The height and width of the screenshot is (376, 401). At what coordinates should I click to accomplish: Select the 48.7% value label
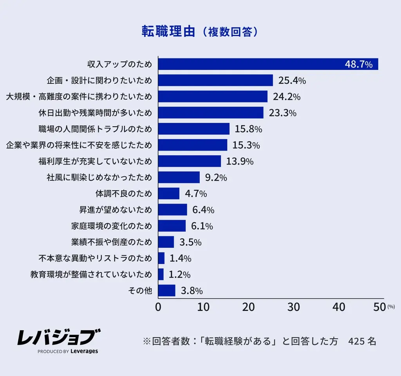tap(358, 64)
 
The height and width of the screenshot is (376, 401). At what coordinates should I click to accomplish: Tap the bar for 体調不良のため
tap(169, 193)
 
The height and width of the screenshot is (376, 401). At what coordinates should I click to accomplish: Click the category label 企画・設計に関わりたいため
tap(99, 80)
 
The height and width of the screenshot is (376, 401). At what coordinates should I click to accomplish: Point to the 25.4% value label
tap(292, 81)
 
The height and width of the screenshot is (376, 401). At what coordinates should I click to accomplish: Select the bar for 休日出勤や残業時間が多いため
tap(211, 113)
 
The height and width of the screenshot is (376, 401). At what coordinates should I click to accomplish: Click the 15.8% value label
tap(248, 129)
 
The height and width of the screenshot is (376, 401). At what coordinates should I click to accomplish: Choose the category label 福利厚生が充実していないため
tap(95, 161)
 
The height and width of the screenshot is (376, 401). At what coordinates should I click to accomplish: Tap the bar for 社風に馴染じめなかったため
tap(179, 177)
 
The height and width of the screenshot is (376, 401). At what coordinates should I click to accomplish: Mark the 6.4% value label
tap(203, 210)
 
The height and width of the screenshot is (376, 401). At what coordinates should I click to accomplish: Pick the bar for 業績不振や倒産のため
tap(166, 242)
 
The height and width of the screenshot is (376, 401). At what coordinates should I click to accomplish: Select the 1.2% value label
tap(179, 274)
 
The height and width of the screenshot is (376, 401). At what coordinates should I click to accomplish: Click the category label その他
tap(140, 291)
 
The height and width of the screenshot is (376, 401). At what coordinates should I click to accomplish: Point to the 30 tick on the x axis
tap(294, 307)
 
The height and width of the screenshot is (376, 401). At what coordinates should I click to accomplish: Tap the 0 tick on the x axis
tap(158, 307)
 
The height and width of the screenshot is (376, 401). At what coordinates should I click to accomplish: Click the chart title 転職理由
tap(168, 32)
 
